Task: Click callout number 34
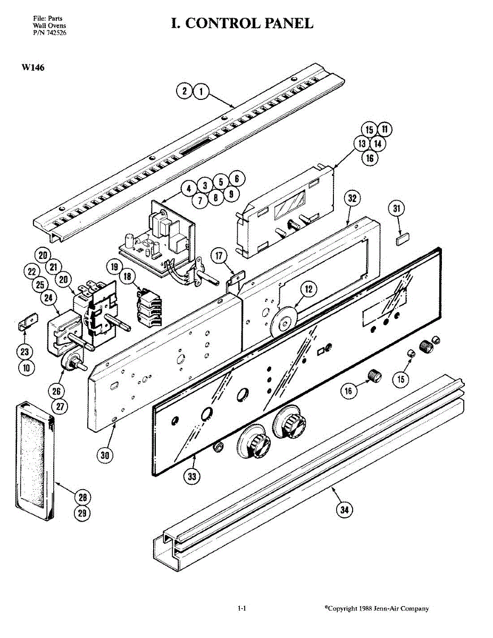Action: click(345, 509)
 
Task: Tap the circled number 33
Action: click(192, 476)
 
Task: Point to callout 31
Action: click(396, 208)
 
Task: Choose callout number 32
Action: click(352, 198)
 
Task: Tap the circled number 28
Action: click(82, 497)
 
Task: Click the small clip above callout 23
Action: click(27, 322)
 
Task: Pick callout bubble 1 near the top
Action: click(201, 91)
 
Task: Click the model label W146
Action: click(33, 68)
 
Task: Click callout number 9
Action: click(231, 194)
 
